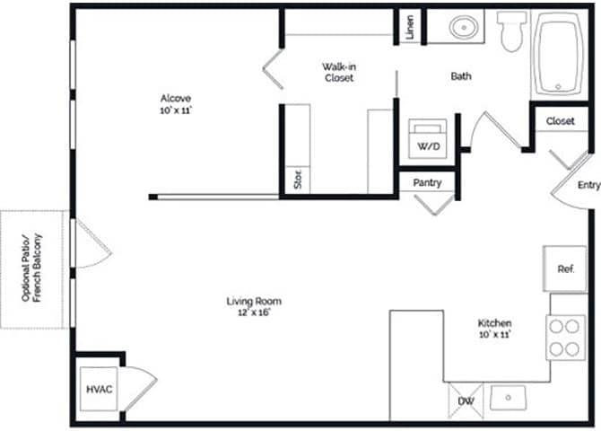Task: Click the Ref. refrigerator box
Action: [x=565, y=268]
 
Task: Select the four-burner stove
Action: [x=566, y=338]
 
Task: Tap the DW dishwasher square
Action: [x=466, y=400]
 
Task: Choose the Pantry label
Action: [x=427, y=182]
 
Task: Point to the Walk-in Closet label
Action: [x=338, y=72]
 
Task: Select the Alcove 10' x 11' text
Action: [x=176, y=103]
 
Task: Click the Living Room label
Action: [x=253, y=306]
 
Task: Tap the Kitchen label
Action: [x=493, y=328]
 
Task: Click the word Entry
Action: [x=588, y=186]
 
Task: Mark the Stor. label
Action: [x=296, y=180]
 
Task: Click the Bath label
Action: [x=461, y=76]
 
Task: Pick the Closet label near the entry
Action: [x=560, y=120]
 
